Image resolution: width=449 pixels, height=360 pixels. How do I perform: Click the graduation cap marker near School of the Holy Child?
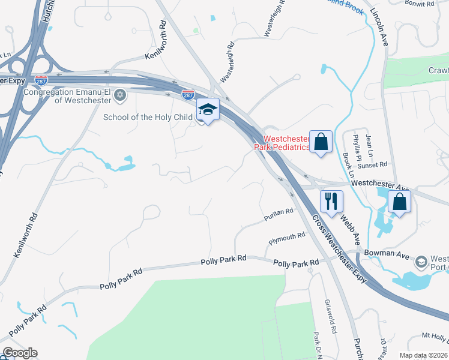point(208,109)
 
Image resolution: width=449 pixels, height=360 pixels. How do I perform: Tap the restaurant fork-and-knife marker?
point(331,202)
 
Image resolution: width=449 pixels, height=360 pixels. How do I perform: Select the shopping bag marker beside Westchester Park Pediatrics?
point(321,142)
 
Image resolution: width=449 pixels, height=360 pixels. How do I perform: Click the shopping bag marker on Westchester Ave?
point(400,202)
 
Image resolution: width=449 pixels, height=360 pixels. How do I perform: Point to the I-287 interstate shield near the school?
point(188,94)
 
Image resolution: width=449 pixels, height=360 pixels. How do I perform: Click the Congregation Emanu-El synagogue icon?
point(120,95)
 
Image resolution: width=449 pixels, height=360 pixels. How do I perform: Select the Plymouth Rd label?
point(287,238)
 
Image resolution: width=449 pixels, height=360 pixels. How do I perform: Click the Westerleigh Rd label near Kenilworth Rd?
point(227,63)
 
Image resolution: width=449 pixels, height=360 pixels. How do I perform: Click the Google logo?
point(20,353)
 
